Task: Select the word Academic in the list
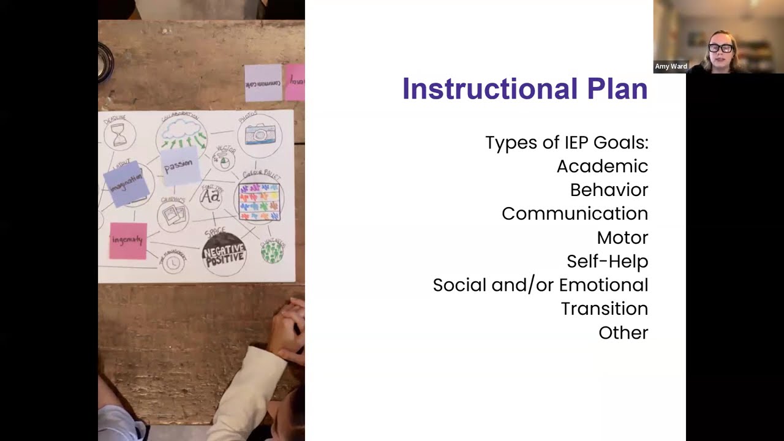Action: [602, 166]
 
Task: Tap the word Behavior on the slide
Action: [609, 190]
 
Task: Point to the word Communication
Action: [575, 214]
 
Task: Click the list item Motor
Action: [622, 238]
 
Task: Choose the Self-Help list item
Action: [607, 262]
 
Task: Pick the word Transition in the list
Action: [604, 309]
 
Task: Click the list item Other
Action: [623, 333]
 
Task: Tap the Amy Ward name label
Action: [671, 66]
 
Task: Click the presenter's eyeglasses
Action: [720, 48]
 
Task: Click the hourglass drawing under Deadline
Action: [119, 134]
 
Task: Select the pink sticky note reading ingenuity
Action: [128, 240]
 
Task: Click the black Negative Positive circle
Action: [224, 253]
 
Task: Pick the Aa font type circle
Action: [211, 196]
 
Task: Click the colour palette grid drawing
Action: [259, 201]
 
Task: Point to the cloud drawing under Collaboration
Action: [181, 130]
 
